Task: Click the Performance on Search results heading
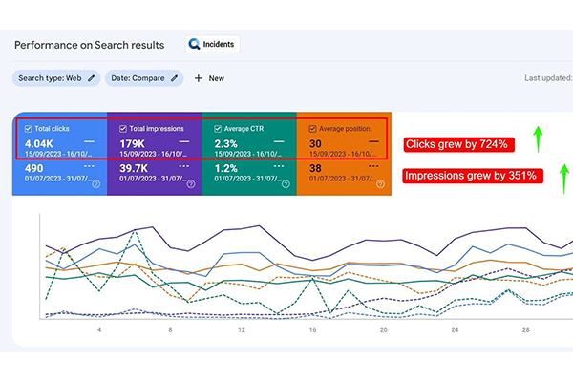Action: click(89, 45)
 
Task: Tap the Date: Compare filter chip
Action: click(142, 78)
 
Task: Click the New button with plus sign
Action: click(209, 78)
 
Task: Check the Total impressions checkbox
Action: click(124, 128)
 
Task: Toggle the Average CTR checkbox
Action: click(218, 128)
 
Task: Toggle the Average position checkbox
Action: click(312, 128)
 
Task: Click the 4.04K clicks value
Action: click(44, 144)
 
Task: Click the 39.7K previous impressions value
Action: click(137, 168)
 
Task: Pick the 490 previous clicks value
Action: click(36, 168)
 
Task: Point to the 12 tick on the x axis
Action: click(242, 329)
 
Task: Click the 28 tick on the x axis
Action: click(524, 329)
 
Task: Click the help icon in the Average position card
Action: click(379, 184)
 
